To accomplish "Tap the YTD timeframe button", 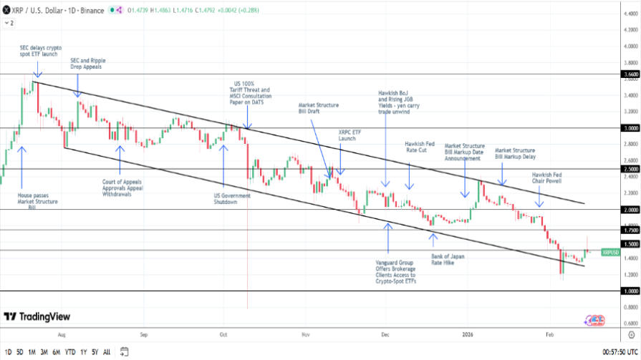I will pos(70,351).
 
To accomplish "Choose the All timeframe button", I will pos(107,351).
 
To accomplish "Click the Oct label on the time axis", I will pos(223,334).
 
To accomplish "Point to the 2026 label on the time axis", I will pos(467,334).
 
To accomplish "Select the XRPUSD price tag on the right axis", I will pos(610,252).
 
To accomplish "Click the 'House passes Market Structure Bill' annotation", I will pos(37,202).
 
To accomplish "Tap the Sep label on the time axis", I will pos(144,334).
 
